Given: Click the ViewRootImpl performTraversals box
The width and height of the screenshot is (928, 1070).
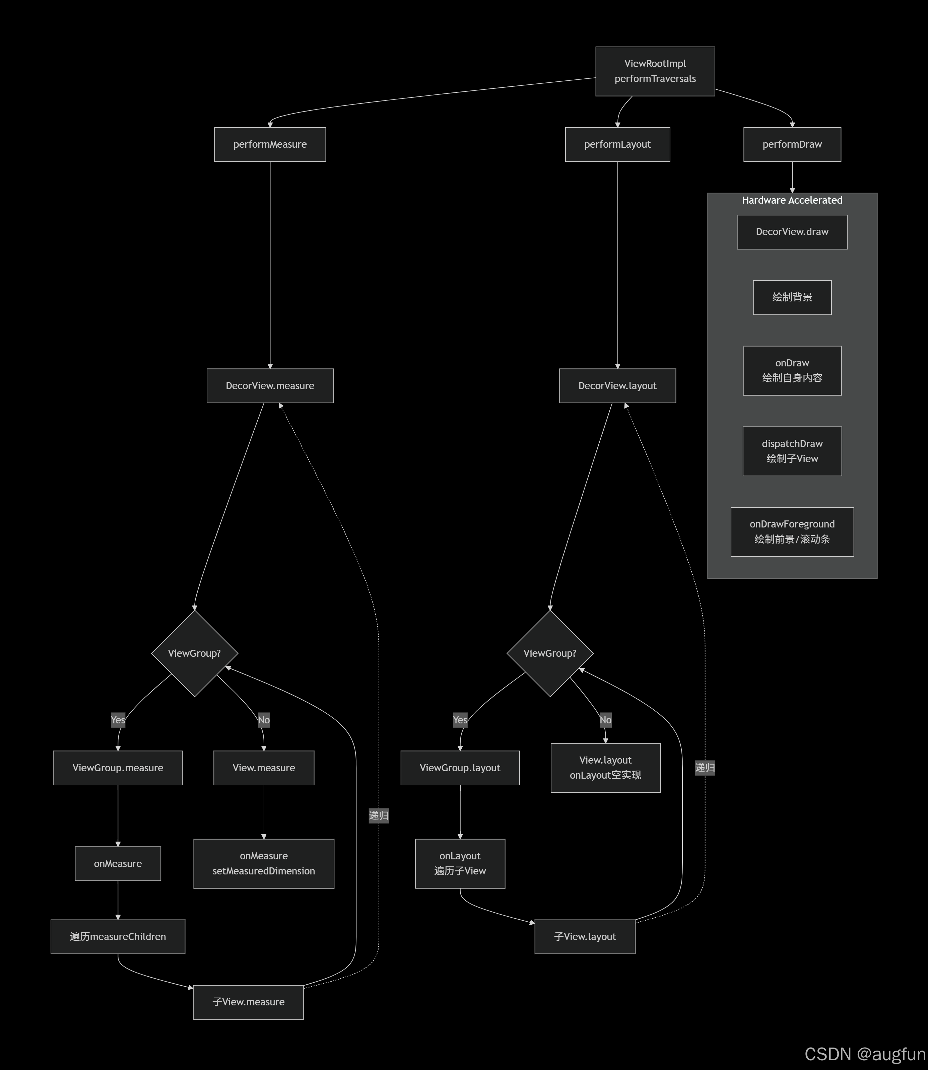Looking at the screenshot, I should [x=655, y=71].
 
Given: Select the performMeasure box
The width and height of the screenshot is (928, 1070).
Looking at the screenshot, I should [x=270, y=144].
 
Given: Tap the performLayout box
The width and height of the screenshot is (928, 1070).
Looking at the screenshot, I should [x=617, y=144].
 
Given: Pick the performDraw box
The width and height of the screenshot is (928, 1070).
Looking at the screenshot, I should [x=792, y=144].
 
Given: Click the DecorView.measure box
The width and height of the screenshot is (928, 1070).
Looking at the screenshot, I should [x=270, y=386].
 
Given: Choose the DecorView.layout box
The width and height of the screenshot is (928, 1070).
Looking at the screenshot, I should [x=617, y=386].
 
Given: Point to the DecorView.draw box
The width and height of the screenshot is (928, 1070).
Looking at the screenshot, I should [x=792, y=232].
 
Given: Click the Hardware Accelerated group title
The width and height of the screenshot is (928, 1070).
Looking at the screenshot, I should [x=792, y=200].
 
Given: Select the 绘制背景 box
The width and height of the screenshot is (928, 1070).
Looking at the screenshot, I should [x=792, y=297].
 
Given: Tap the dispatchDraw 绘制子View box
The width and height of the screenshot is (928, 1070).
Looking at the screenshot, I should [x=792, y=451].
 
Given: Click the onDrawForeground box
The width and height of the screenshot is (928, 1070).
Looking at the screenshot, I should [x=792, y=531].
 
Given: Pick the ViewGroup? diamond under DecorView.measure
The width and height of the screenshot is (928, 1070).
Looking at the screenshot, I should [x=194, y=653].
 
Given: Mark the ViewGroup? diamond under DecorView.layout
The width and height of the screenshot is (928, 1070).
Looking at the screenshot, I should [x=549, y=653].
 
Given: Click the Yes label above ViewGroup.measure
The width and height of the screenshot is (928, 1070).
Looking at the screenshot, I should [x=118, y=720].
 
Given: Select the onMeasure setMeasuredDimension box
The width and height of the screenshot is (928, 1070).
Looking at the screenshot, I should [x=264, y=863].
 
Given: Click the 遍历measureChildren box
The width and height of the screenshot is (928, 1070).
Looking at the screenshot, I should [x=118, y=936].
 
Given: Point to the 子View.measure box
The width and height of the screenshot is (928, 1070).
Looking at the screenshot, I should [x=248, y=1002].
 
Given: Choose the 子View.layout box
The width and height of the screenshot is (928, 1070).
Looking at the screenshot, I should [x=585, y=936].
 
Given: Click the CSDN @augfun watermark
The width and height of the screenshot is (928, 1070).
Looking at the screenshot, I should [x=864, y=1054].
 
